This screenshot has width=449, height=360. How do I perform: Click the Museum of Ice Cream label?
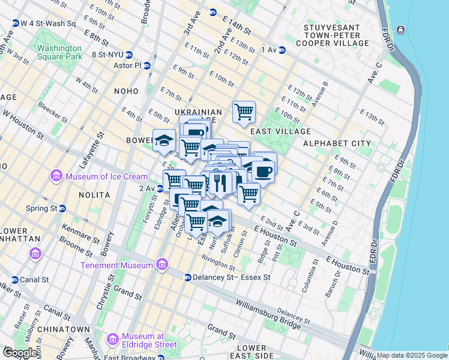click(106, 176)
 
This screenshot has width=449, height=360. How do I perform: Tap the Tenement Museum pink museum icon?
click(161, 265)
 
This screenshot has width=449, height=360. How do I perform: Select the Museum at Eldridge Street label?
click(149, 340)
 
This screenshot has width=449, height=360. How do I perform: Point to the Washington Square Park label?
click(59, 53)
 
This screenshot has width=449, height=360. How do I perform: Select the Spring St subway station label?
click(46, 208)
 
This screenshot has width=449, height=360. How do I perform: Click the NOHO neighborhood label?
click(127, 91)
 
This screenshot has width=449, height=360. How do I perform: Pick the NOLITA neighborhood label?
click(94, 195)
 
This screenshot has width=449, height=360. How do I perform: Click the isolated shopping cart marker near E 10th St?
click(244, 111)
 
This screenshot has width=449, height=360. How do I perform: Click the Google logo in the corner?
click(20, 353)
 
